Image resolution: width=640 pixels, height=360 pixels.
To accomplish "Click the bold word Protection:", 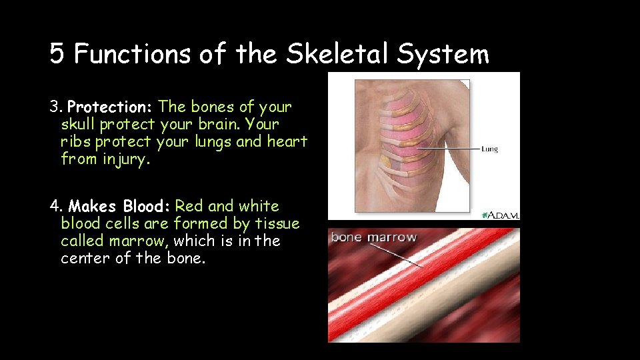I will point(111,107).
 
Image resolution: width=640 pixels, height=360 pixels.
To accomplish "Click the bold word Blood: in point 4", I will point(147,207).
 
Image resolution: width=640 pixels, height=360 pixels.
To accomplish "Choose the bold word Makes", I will point(93,207).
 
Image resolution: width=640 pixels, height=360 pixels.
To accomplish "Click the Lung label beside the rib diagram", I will point(489,149).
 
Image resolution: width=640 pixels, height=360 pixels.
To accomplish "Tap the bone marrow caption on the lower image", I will point(373,237).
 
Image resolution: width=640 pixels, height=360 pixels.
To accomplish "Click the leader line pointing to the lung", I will point(447,147).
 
